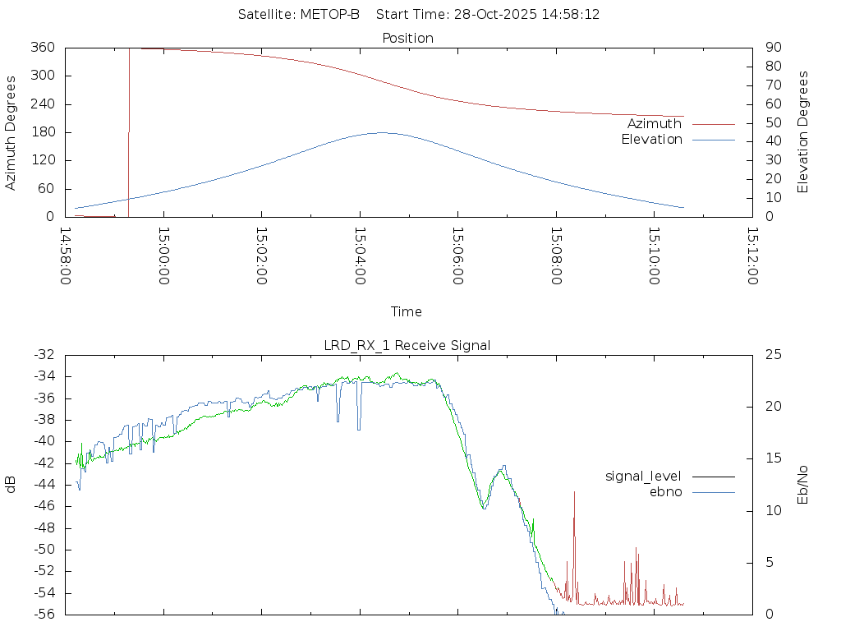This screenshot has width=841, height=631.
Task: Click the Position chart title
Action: [x=408, y=38]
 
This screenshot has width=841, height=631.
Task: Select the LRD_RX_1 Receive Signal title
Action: [x=407, y=345]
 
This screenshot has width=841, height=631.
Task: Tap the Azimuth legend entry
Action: [x=655, y=123]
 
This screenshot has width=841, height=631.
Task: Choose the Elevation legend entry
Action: [x=651, y=140]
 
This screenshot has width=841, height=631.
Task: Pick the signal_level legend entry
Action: [x=643, y=476]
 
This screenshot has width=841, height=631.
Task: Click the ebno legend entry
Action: [x=665, y=491]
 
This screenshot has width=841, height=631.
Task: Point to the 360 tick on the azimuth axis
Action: [x=42, y=48]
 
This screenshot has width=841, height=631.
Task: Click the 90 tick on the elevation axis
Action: [x=772, y=48]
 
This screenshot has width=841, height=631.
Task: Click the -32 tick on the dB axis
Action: [x=44, y=355]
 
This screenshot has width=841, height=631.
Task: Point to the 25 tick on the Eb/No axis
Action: [x=772, y=355]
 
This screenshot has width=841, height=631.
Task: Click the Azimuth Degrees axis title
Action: [x=11, y=132]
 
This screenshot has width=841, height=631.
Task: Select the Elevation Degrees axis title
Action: [x=803, y=132]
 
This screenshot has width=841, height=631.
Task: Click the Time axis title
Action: [x=407, y=311]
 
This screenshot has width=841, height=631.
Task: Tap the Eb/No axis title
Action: [x=803, y=484]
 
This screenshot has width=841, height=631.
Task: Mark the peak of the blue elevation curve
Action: [x=382, y=132]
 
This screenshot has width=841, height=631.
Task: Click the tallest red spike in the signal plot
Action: [x=574, y=492]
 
